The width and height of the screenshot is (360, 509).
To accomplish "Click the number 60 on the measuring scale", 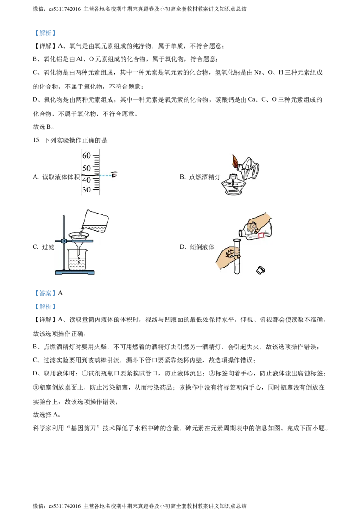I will coord(87,156).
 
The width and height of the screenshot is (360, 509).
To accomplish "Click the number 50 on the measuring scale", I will coord(87,168).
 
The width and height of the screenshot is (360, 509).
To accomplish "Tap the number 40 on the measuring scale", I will coord(87,179).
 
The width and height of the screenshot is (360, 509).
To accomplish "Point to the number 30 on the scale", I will coord(87,190).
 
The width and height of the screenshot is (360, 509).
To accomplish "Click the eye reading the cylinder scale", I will coord(114,174).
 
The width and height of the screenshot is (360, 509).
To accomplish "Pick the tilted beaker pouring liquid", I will coord(97,221).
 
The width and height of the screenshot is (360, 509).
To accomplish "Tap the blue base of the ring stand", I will coord(75,272).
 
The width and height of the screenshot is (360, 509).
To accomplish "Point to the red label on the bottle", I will coord(262,235).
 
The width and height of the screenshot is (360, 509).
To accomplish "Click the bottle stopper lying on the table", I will coord(260,270).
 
